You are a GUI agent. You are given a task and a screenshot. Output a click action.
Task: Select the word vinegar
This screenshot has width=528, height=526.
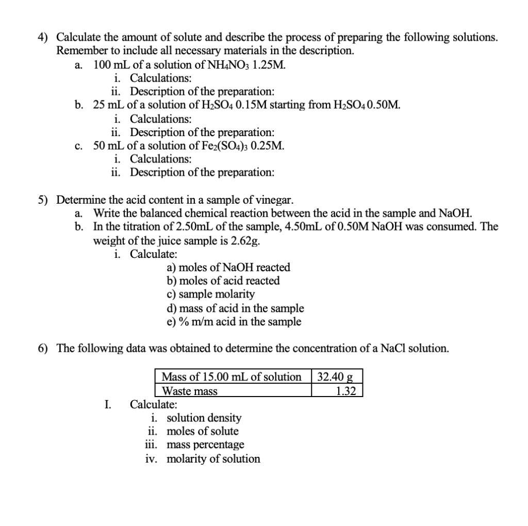point(276,200)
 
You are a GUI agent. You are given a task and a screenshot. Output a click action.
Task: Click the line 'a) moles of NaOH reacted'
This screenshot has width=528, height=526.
point(228,267)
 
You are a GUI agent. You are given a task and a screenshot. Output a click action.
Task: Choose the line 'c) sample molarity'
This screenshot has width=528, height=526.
point(210,294)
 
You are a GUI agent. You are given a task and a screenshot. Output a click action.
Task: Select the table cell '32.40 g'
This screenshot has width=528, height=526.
point(337,377)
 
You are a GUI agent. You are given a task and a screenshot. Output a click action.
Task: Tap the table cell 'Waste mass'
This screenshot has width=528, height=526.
point(190,391)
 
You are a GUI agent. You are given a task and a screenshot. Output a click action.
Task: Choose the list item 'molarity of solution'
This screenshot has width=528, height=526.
point(213,458)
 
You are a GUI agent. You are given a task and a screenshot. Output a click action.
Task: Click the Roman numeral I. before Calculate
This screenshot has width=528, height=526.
point(108,404)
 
